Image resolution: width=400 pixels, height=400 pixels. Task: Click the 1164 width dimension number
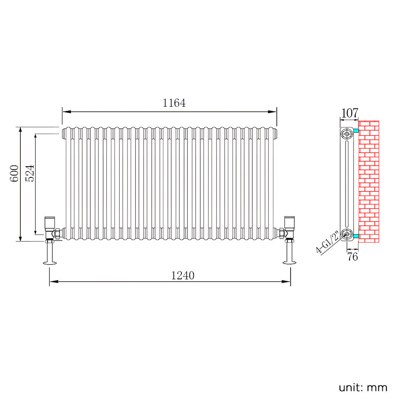pos(174,103)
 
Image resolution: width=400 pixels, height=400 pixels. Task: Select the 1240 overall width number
pos(183,275)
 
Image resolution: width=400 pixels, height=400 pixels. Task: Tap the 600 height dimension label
pos(14,173)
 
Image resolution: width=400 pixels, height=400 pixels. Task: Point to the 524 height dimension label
pos(30,173)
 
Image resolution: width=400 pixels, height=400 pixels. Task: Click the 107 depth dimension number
pos(350,113)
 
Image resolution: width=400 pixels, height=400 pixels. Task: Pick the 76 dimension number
pos(352,257)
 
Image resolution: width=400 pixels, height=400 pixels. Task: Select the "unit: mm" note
pos(363,387)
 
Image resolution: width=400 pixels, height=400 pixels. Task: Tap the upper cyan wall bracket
pos(356,131)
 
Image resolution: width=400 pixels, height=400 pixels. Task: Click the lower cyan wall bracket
pos(356,236)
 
